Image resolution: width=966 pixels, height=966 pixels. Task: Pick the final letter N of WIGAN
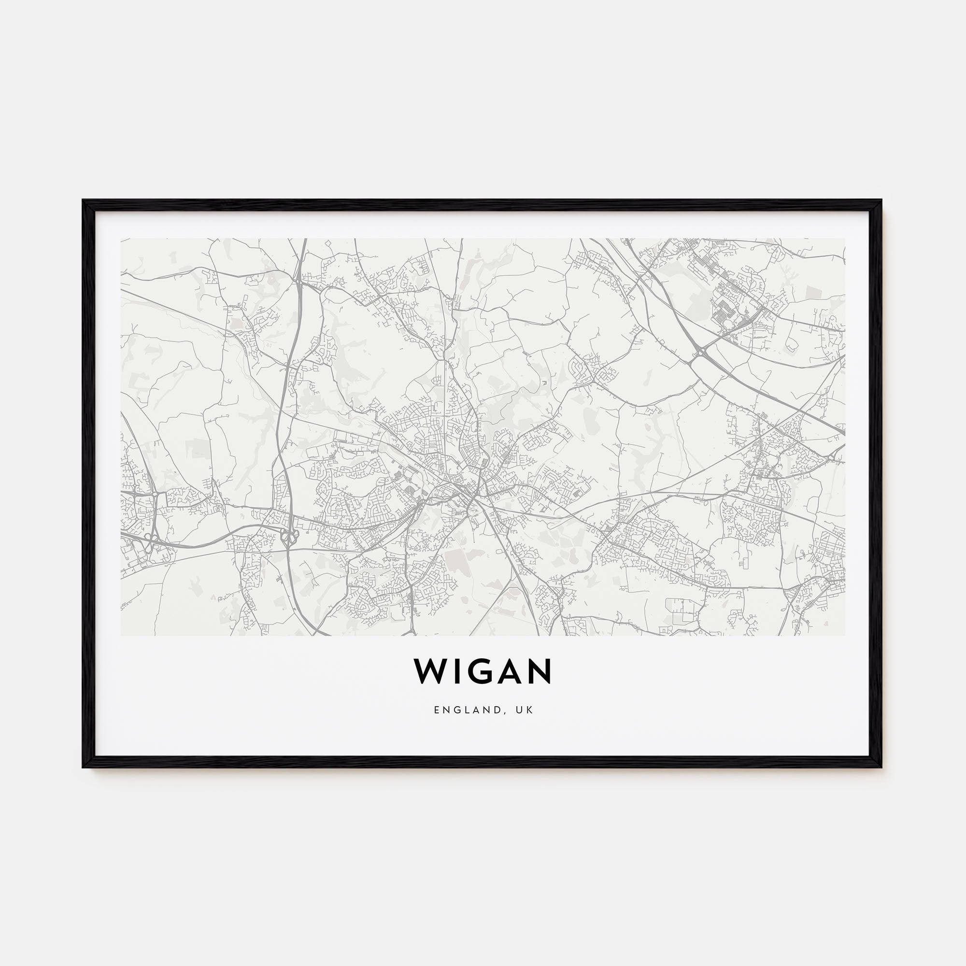[x=540, y=671]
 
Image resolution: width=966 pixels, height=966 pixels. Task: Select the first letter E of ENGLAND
[x=437, y=710]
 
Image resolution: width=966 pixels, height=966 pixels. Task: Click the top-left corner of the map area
[x=121, y=239]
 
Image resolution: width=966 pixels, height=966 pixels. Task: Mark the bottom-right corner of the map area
[x=845, y=636]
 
